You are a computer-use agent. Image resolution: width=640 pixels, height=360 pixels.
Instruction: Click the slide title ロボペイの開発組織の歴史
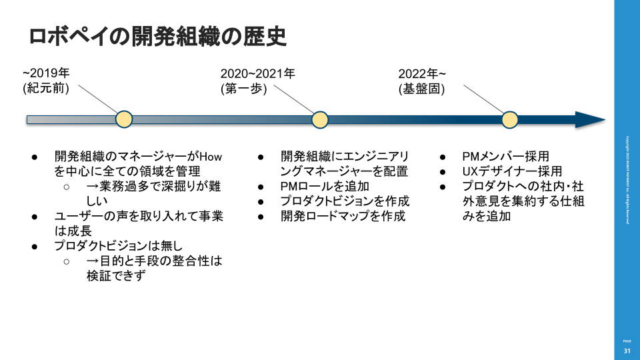tap(157, 37)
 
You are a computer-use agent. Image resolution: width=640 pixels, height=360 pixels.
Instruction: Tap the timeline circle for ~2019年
tap(124, 119)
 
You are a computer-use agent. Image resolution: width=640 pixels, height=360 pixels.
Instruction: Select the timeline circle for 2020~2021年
tap(320, 119)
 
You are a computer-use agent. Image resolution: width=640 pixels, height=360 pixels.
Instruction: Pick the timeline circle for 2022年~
tap(510, 119)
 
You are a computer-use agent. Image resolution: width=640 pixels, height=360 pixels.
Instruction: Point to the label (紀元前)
tap(47, 88)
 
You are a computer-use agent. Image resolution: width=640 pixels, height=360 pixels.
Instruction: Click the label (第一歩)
tap(243, 88)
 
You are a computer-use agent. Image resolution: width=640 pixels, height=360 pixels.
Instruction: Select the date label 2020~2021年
tap(258, 73)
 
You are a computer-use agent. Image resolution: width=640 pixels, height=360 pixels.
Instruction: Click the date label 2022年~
tap(423, 73)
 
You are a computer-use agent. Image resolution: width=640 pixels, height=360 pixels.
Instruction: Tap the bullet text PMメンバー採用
tap(506, 157)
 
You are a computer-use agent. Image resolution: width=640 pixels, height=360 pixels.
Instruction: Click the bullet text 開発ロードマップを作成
tap(343, 216)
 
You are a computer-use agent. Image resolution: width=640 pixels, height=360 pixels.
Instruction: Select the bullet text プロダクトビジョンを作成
tap(345, 201)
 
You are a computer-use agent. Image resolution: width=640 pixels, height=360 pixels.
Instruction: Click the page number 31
tap(627, 351)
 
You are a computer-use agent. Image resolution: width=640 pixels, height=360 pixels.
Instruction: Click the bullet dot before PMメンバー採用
tap(443, 157)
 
